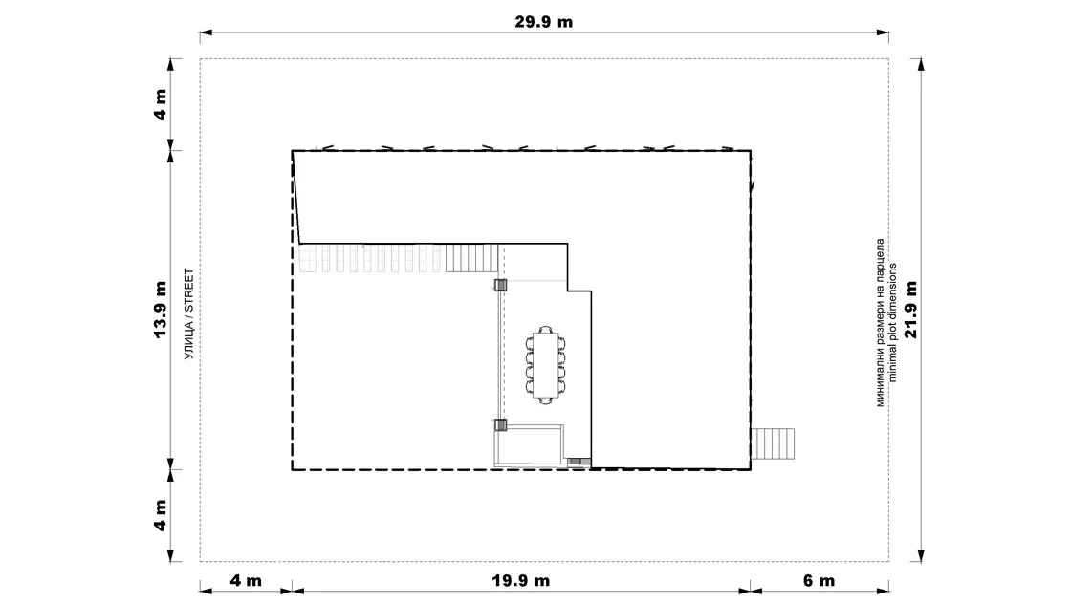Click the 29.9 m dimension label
point(544,22)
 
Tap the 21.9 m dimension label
point(910,309)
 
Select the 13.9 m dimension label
point(161,309)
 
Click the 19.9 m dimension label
point(520,581)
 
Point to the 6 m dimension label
point(819,581)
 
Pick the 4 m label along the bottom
point(246,581)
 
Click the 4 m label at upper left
point(161,104)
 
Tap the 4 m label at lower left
point(161,515)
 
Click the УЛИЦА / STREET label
point(189,313)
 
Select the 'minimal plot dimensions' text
point(893,323)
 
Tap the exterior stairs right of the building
point(774,443)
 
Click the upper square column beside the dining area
point(501,286)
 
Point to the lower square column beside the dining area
point(501,425)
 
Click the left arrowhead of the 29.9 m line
point(206,32)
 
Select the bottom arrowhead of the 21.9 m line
point(921,555)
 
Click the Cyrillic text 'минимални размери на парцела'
point(881,323)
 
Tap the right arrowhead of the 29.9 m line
point(883,32)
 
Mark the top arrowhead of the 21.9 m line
point(921,65)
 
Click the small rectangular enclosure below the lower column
point(530,445)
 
